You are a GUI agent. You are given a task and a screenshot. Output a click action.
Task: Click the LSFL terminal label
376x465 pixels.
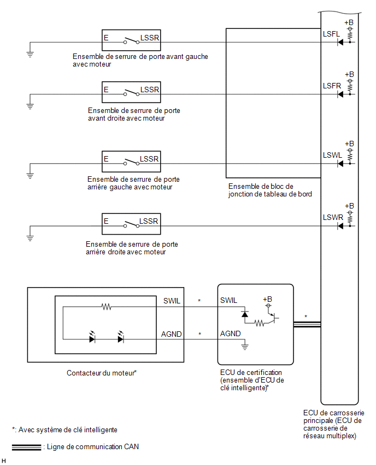331,34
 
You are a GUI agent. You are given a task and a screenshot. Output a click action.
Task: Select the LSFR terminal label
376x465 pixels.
332,86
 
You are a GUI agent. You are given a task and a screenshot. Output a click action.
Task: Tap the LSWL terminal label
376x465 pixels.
332,156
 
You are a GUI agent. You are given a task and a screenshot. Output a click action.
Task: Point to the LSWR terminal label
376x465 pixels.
333,218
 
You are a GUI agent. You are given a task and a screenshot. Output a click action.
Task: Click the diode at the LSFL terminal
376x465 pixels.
340,43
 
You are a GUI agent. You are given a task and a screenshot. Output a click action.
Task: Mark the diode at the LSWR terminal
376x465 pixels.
340,226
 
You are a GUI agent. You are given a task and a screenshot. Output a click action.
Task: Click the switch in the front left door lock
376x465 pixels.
131,40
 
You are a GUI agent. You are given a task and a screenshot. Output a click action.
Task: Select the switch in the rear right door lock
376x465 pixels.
131,224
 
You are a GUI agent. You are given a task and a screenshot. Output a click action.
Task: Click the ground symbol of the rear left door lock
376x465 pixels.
30,176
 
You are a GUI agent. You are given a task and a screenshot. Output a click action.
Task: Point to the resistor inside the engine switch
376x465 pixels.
107,307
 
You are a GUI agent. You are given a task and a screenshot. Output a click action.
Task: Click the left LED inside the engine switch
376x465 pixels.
92,337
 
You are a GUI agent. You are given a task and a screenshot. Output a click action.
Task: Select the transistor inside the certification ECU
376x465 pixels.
274,318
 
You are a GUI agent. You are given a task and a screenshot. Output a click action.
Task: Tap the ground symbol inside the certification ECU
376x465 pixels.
245,346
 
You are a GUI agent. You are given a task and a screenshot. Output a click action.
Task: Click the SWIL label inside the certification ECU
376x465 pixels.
228,300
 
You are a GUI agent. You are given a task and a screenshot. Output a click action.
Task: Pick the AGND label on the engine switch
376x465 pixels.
172,334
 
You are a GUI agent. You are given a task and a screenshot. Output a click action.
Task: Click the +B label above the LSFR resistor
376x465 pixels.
349,74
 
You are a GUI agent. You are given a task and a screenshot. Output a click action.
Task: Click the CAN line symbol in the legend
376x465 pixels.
26,448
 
